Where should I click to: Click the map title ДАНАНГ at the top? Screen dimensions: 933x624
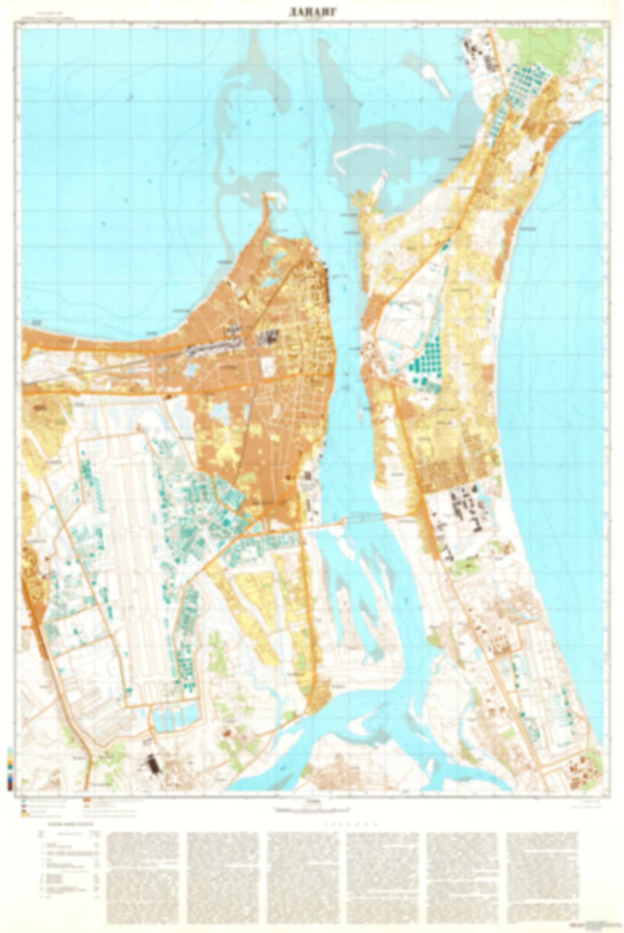point(312,13)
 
